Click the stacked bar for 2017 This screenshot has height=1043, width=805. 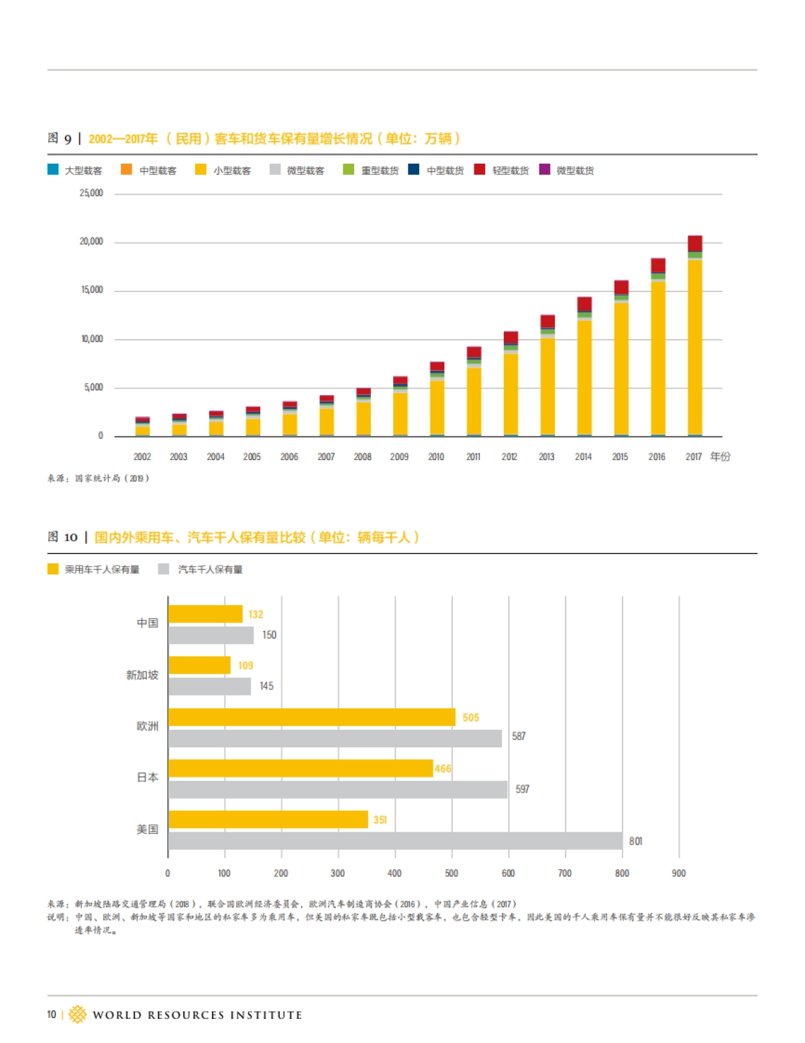click(x=694, y=335)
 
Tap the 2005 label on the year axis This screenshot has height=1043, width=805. click(x=252, y=457)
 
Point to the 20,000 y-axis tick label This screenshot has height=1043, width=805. click(x=91, y=241)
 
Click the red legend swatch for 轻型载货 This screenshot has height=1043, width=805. click(x=480, y=170)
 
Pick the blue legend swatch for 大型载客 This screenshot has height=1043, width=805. click(x=53, y=170)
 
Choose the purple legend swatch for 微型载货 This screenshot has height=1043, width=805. click(x=545, y=170)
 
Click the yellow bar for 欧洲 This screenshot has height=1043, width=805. click(x=312, y=717)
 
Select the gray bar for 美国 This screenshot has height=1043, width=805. click(x=395, y=840)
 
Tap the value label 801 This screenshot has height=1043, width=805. click(x=635, y=841)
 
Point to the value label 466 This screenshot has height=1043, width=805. click(x=443, y=769)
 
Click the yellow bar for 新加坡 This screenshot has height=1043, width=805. click(x=199, y=665)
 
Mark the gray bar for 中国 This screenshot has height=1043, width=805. click(x=211, y=635)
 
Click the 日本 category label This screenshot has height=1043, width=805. click(x=148, y=777)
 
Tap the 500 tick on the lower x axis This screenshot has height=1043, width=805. click(x=451, y=873)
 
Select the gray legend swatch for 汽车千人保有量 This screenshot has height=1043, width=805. click(x=164, y=569)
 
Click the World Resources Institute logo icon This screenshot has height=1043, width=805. click(x=78, y=1014)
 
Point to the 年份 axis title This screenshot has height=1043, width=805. click(x=720, y=457)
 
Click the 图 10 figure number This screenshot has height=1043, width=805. click(x=62, y=537)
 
